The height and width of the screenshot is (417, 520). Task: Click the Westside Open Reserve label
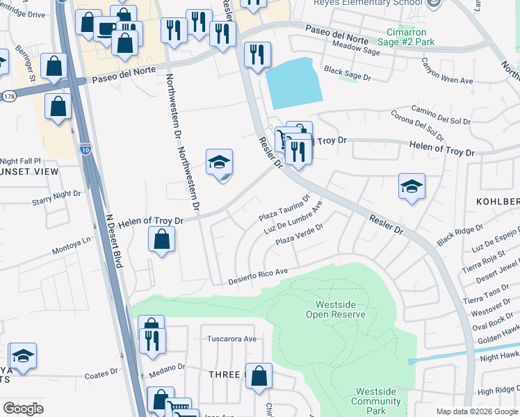[x=340, y=309]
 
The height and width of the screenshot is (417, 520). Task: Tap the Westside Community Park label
[x=375, y=396]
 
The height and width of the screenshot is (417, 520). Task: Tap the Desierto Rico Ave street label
[x=258, y=276]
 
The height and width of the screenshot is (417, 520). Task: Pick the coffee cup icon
[x=106, y=29]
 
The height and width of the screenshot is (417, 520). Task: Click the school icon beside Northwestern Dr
[x=219, y=163]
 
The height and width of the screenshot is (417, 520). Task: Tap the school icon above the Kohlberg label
[x=412, y=186]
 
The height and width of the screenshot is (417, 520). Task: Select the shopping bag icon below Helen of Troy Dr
[x=161, y=240]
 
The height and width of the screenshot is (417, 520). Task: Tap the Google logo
[x=23, y=408]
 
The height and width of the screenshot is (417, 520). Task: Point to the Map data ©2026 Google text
[x=477, y=411]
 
